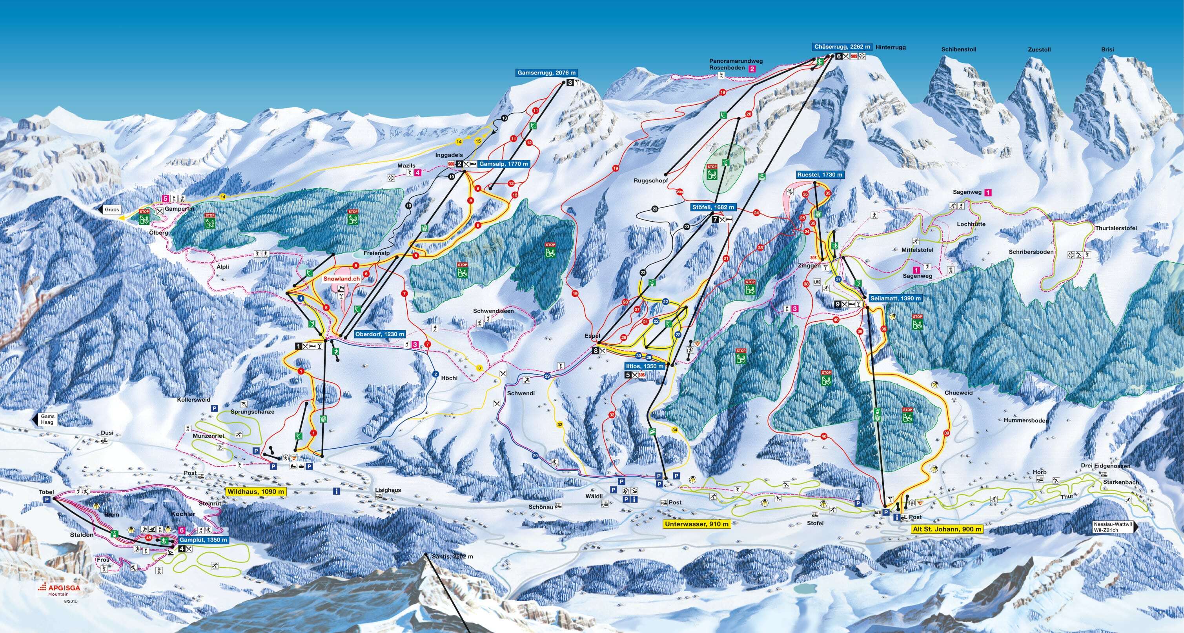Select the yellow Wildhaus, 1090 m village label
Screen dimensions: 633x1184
click(255, 491)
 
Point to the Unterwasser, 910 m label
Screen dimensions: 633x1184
click(697, 524)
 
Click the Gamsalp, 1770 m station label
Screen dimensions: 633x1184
click(503, 164)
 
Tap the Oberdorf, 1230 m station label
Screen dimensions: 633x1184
click(380, 335)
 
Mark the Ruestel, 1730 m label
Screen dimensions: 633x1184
click(820, 175)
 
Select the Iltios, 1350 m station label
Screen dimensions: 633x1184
click(645, 366)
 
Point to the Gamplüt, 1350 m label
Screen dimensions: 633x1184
click(204, 540)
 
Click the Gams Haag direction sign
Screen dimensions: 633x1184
click(46, 419)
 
